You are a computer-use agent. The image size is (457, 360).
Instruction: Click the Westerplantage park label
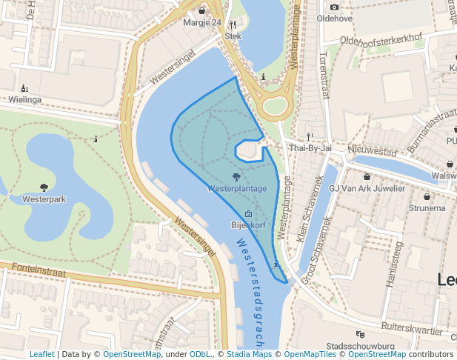pos(237,189)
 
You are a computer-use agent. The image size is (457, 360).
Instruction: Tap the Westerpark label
pos(44,199)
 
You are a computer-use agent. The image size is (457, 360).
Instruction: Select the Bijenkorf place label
pos(248,224)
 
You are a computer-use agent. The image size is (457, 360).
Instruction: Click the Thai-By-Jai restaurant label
pos(310,148)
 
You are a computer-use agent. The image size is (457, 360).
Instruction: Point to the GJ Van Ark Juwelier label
pos(367,188)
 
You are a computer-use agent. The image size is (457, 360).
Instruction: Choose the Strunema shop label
pos(427,208)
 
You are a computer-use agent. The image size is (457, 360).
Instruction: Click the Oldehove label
pos(333,18)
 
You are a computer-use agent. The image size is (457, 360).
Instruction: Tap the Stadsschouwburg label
pos(359,346)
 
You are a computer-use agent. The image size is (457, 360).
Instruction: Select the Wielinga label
pos(24,99)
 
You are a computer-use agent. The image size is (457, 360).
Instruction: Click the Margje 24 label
pos(202,22)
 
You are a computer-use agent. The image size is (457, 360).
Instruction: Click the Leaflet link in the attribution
pos(41,354)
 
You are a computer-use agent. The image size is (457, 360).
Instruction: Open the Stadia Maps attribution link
pos(247,354)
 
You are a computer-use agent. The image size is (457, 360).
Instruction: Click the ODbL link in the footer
pos(200,354)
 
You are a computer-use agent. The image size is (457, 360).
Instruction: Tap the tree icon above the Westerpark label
pos(44,187)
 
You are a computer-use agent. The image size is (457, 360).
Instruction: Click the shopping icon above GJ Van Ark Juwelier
pos(367,177)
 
